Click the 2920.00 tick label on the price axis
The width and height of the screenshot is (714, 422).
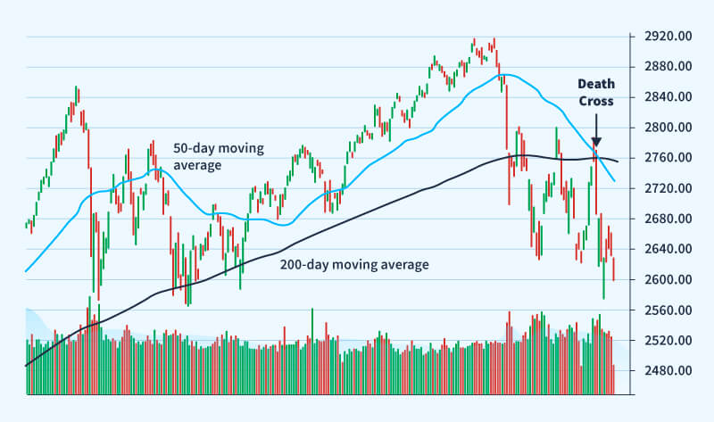661,37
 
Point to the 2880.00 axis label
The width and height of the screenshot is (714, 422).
661,67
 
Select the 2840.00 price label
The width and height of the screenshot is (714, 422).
661,97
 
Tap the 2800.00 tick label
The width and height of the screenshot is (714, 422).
661,128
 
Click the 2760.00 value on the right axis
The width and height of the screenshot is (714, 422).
661,158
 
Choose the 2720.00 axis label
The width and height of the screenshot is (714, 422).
661,188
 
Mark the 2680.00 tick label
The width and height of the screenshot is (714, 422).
661,219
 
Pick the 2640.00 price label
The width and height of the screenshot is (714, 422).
661,249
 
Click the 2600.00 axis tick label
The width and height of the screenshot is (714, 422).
661,279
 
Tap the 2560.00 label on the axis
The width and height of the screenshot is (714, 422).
661,310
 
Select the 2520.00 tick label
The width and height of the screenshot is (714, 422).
661,341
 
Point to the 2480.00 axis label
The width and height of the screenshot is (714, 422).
661,371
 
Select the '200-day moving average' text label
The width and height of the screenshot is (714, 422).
354,265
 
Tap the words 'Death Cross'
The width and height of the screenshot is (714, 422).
595,93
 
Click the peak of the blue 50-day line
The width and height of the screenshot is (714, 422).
506,75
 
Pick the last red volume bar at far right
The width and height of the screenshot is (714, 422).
613,379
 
